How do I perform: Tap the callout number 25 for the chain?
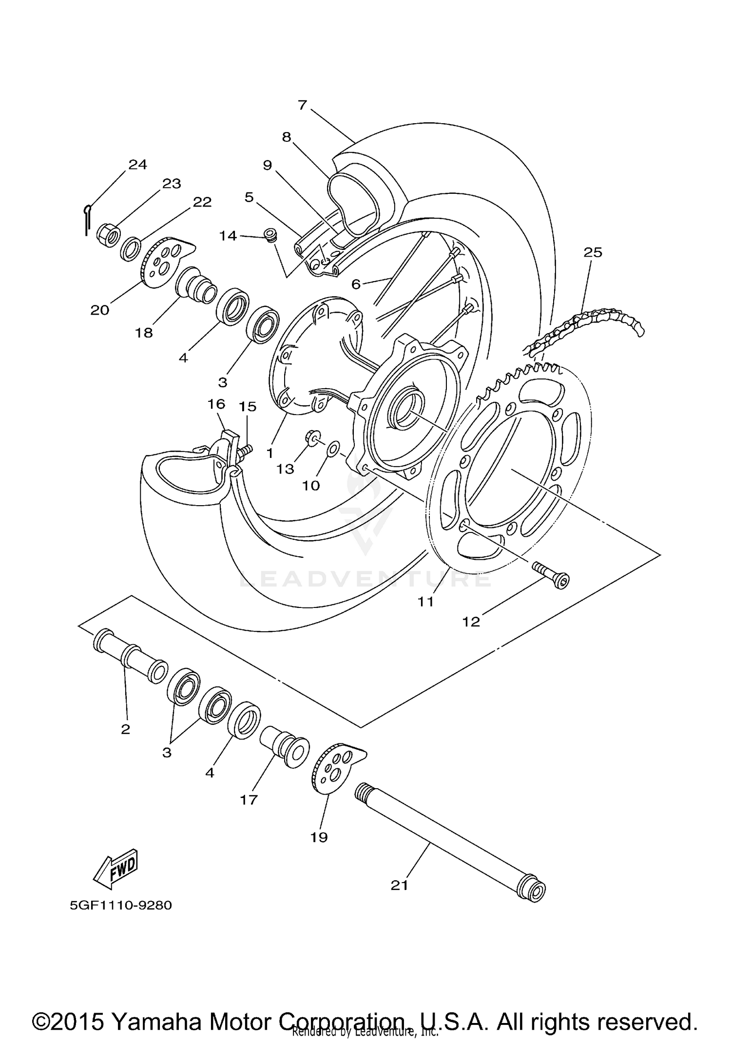[x=593, y=252]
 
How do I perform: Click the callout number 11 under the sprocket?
[x=425, y=602]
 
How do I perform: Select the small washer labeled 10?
[x=333, y=448]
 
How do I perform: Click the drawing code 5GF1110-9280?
[x=121, y=906]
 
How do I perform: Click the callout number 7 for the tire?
[x=302, y=105]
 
